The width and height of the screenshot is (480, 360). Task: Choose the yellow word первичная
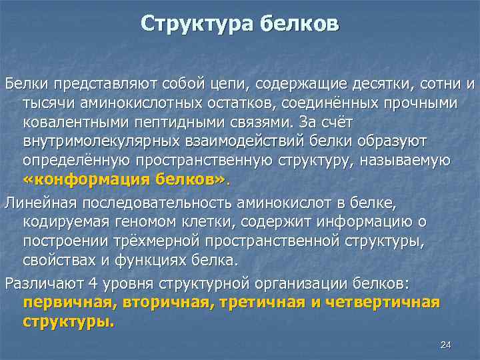[62, 303]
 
